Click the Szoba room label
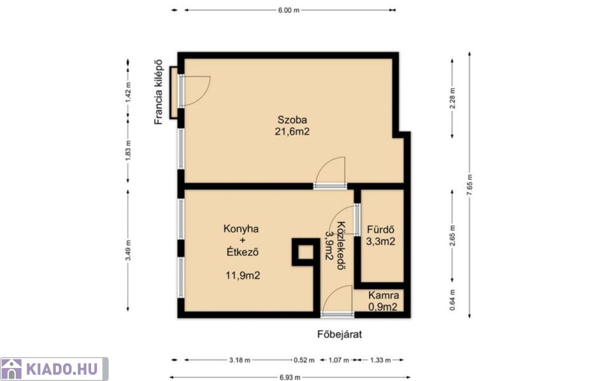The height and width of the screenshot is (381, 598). tap(292, 119)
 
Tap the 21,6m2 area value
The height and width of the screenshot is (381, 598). tap(292, 131)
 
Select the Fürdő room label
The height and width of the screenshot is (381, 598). tap(380, 230)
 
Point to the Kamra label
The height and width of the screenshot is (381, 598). tap(384, 295)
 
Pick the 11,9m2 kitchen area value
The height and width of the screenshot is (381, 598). tap(243, 275)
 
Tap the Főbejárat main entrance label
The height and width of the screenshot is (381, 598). tap(339, 334)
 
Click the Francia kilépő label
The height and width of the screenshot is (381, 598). tap(158, 92)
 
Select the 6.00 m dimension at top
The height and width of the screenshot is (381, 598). tap(288, 11)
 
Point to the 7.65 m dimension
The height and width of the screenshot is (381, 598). tap(470, 185)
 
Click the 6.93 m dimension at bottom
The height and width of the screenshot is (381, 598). tap(290, 377)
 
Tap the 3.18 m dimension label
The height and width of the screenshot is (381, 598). tap(240, 360)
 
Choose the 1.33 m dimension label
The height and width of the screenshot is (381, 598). tap(380, 360)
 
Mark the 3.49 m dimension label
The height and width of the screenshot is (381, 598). tap(128, 251)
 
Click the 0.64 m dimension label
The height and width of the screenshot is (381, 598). tap(453, 300)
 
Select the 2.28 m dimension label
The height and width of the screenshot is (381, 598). tap(453, 99)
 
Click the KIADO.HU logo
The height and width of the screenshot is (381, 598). tap(54, 369)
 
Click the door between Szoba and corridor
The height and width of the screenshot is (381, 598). tap(331, 172)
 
